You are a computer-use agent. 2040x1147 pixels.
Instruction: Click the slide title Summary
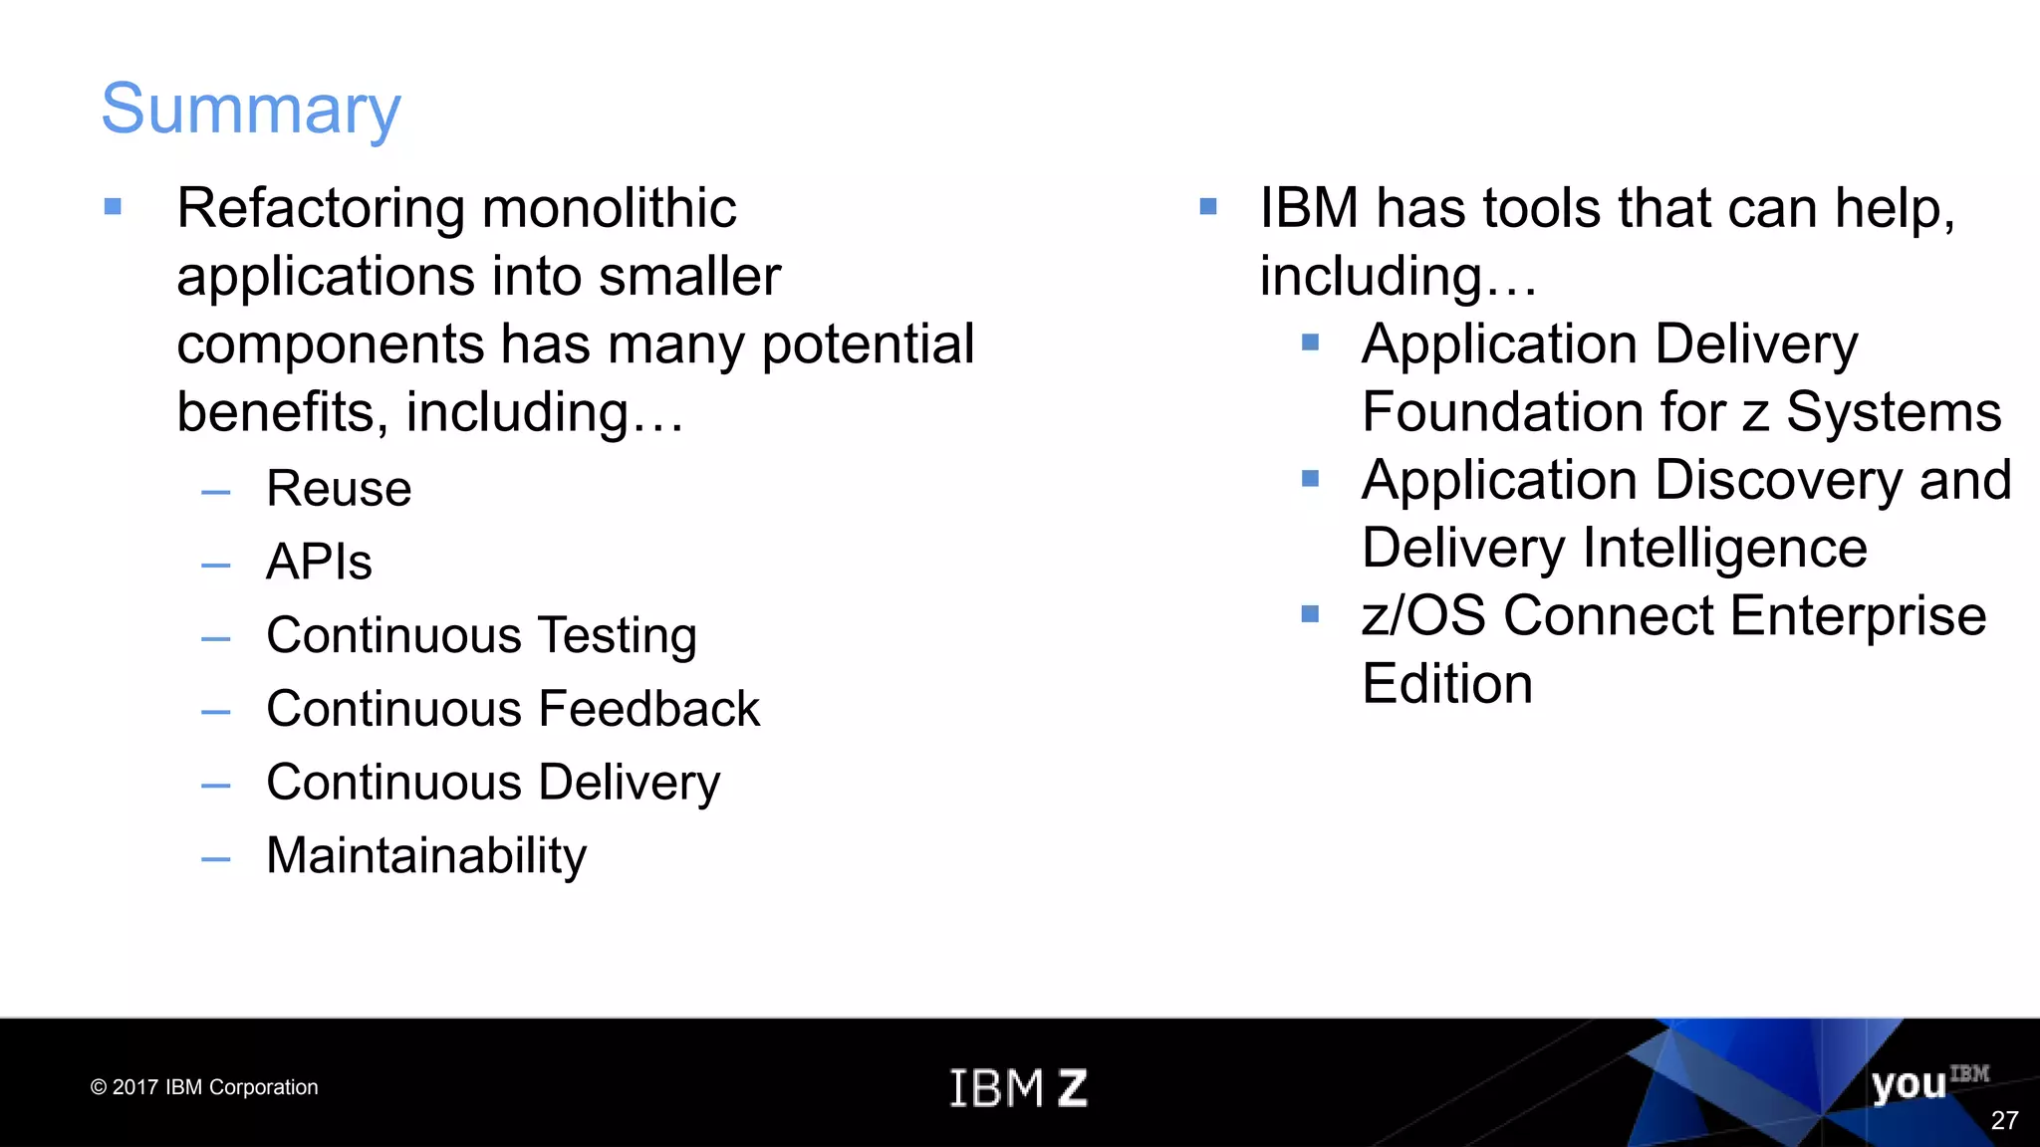pos(251,110)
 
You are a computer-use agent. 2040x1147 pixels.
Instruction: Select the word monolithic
pos(609,209)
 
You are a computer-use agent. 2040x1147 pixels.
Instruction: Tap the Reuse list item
pos(339,489)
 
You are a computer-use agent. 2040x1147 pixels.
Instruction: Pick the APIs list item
pos(319,563)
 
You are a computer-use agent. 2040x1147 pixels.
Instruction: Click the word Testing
pos(617,636)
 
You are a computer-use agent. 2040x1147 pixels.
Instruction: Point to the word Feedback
pos(648,709)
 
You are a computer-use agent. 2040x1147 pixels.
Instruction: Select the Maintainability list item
pos(426,856)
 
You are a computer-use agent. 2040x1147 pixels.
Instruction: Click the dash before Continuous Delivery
pos(215,786)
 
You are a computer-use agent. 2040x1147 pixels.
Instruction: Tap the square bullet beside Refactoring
pos(113,207)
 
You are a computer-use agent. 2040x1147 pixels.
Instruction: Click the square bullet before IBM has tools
pos(1208,207)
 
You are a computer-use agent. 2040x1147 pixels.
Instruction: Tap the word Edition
pos(1446,684)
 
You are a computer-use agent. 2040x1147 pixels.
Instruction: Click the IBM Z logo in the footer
pos(1018,1087)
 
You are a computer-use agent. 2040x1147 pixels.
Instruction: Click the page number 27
pos(2004,1121)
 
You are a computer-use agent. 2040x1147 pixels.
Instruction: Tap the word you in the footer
pos(1908,1085)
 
